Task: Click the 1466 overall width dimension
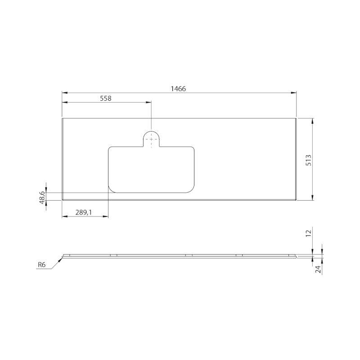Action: [x=178, y=89]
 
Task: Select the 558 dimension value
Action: [x=105, y=98]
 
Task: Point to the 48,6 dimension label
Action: [x=42, y=197]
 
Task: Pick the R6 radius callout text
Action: [x=42, y=265]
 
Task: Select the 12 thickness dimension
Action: [x=308, y=233]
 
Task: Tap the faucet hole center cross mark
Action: [x=152, y=139]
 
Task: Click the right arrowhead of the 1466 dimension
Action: [x=294, y=93]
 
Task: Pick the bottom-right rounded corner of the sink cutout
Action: [x=191, y=189]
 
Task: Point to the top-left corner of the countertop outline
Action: [x=62, y=119]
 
